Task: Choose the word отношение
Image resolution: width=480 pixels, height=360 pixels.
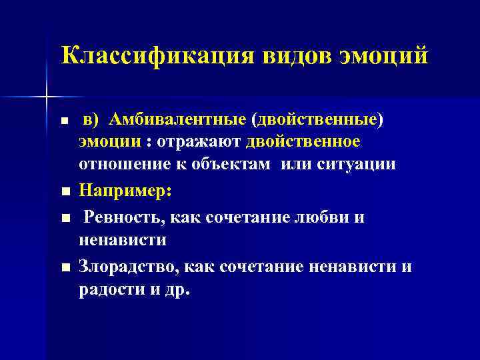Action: (x=117, y=164)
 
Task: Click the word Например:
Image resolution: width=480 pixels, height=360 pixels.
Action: (x=125, y=191)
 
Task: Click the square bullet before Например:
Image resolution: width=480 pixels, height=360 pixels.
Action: (x=64, y=192)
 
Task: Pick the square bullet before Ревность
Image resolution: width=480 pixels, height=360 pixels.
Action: (x=64, y=219)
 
